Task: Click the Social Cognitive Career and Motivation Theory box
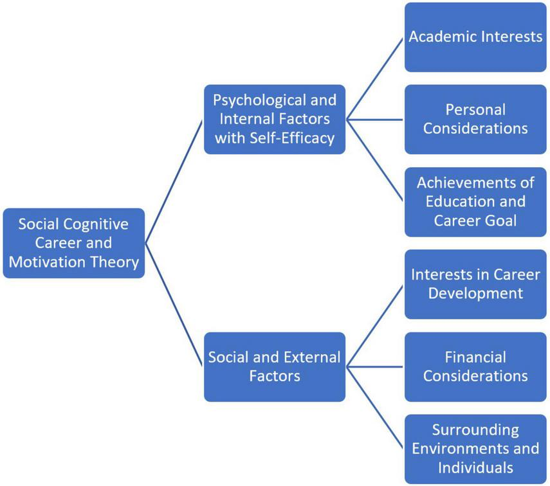(73, 243)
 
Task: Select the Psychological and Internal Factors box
(275, 120)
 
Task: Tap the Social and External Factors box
(275, 366)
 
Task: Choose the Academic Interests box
(475, 37)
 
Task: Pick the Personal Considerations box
(475, 119)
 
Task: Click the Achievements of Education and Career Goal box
(475, 201)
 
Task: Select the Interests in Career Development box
(475, 284)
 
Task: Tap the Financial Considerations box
(475, 366)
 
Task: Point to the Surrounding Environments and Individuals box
(475, 448)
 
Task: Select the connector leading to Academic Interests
(375, 78)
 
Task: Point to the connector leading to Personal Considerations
(375, 119)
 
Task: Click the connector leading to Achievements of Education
(375, 160)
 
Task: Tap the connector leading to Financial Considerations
(375, 367)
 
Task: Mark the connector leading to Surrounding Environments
(375, 408)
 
